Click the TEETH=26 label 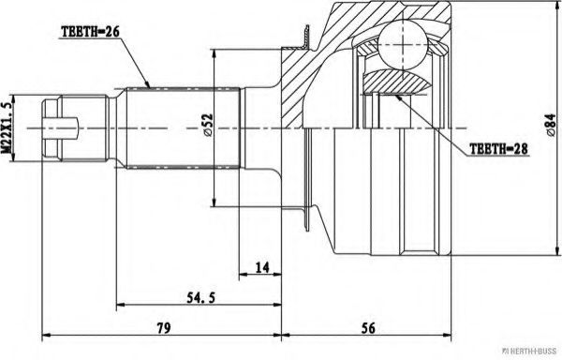[x=90, y=30]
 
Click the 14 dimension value [x=261, y=268]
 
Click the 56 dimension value [x=367, y=329]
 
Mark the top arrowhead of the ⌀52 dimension [x=216, y=54]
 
